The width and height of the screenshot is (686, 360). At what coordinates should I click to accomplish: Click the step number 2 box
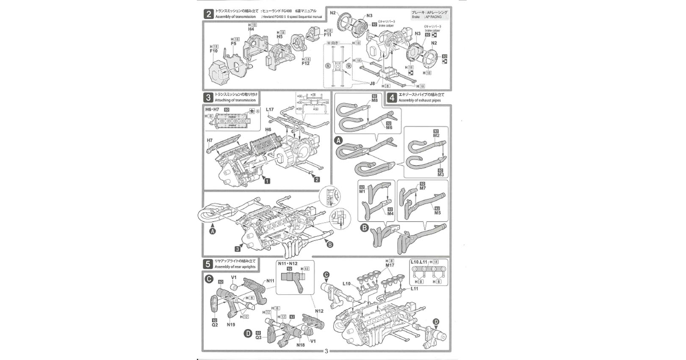[x=208, y=14]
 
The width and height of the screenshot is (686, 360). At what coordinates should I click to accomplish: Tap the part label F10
[x=213, y=51]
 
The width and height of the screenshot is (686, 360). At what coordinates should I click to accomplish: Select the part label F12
[x=305, y=64]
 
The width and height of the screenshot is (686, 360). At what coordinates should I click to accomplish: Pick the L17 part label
[x=270, y=110]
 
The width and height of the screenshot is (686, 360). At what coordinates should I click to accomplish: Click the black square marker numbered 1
[x=267, y=181]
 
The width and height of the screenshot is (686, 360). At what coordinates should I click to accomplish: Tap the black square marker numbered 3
[x=238, y=249]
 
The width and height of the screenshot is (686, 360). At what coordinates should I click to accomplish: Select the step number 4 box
[x=392, y=98]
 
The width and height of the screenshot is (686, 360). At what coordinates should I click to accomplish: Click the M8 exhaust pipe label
[x=374, y=100]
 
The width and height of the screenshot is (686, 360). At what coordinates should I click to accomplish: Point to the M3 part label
[x=440, y=174]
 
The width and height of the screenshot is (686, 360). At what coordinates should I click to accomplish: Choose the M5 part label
[x=437, y=213]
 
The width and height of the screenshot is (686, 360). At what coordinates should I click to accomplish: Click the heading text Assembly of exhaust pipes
[x=419, y=101]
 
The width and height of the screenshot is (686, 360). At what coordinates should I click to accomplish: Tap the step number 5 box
[x=208, y=264]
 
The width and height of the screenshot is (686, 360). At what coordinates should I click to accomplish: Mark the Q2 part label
[x=215, y=325]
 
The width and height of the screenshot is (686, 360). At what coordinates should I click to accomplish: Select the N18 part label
[x=301, y=345]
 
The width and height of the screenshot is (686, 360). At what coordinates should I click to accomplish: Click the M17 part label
[x=390, y=266]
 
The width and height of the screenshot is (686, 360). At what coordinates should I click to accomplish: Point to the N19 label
[x=231, y=325]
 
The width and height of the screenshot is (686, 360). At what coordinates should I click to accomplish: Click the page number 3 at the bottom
[x=326, y=351]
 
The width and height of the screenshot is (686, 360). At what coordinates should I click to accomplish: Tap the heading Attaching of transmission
[x=235, y=100]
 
